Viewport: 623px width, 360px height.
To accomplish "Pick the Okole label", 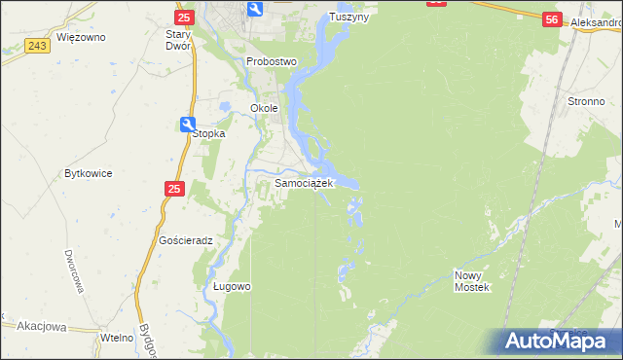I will [265, 108].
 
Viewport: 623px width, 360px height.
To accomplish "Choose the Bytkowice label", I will [89, 173].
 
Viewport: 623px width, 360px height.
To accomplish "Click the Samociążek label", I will [305, 183].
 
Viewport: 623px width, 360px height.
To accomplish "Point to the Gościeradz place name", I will [186, 239].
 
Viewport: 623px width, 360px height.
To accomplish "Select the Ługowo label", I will [233, 287].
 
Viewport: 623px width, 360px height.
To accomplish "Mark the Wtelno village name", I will [117, 337].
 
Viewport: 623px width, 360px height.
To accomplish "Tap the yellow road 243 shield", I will [39, 46].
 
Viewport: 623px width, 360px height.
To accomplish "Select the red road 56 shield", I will [552, 19].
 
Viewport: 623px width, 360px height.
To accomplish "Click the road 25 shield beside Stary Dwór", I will [183, 18].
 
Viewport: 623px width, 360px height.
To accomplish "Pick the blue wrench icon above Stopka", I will [187, 123].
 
